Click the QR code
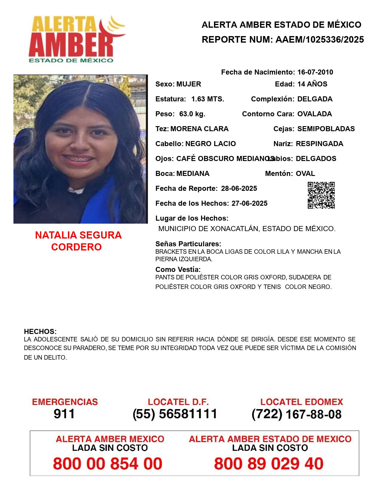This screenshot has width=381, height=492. (321, 195)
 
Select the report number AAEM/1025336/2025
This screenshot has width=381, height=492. (319, 40)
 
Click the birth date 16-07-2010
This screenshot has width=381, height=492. (315, 72)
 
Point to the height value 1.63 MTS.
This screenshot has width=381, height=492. (208, 99)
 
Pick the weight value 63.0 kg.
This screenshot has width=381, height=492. (192, 114)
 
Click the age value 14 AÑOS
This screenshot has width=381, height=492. (312, 84)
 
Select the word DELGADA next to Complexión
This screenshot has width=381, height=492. (315, 99)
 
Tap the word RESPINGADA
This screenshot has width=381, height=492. (319, 144)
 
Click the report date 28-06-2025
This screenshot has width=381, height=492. (239, 188)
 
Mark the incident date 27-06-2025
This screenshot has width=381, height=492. (249, 203)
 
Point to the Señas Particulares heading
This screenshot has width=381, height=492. (188, 244)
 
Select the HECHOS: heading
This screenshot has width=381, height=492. (40, 332)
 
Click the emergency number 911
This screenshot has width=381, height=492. (64, 414)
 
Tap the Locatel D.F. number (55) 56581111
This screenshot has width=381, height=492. (175, 414)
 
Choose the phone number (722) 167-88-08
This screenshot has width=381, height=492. (296, 414)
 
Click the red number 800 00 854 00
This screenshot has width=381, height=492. (108, 464)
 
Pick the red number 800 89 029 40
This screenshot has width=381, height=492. (269, 464)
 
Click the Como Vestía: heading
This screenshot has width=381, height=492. (178, 270)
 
